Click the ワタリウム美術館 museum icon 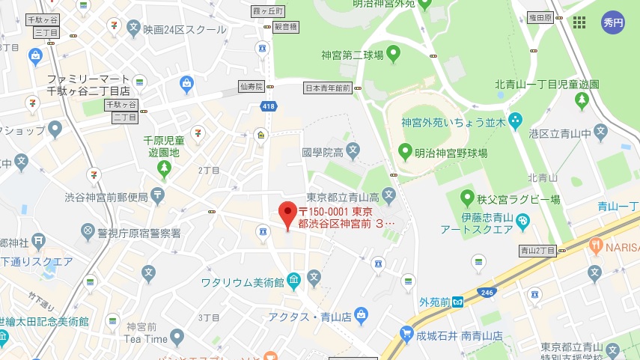[294, 281]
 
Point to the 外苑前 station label [434, 302]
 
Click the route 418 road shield [267, 107]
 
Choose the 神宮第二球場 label [353, 55]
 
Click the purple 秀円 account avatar [613, 22]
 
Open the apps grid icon [579, 22]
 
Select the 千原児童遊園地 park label [162, 146]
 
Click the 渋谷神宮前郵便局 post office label [106, 198]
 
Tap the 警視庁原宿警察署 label [139, 233]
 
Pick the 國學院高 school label [323, 153]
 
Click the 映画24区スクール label [185, 30]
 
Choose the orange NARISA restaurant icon [596, 245]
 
